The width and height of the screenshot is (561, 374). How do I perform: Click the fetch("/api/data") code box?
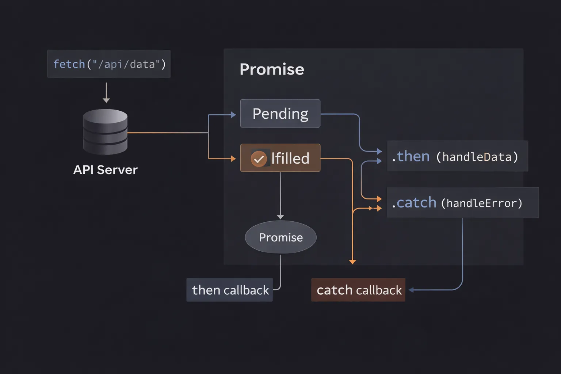point(109,64)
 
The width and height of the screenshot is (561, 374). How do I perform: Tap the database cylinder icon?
point(105,132)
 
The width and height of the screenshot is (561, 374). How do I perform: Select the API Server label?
point(105,170)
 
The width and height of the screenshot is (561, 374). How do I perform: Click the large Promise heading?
point(272,69)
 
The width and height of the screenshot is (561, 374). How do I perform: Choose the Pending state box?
point(280,114)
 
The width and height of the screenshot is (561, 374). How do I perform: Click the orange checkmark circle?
point(259,159)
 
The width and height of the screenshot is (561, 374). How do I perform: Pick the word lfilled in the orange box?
point(290,159)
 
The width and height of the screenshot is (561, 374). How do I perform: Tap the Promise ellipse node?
point(280,237)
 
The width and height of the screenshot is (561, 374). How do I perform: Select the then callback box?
point(230,290)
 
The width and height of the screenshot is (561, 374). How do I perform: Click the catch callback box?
point(358,290)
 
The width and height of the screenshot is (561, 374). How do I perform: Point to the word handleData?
point(477,157)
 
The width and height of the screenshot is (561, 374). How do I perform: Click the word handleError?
point(481,203)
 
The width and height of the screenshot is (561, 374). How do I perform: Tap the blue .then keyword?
point(411,156)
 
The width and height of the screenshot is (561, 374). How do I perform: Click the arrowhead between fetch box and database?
point(106,100)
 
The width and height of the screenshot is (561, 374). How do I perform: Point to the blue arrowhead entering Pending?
point(233,115)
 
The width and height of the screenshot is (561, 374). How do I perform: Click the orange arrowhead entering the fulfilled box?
point(233,159)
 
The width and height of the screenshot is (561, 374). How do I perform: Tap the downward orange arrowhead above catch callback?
point(352,262)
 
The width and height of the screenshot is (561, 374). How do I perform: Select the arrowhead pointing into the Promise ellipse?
point(280,217)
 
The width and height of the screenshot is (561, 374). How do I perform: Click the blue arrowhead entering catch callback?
point(411,290)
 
